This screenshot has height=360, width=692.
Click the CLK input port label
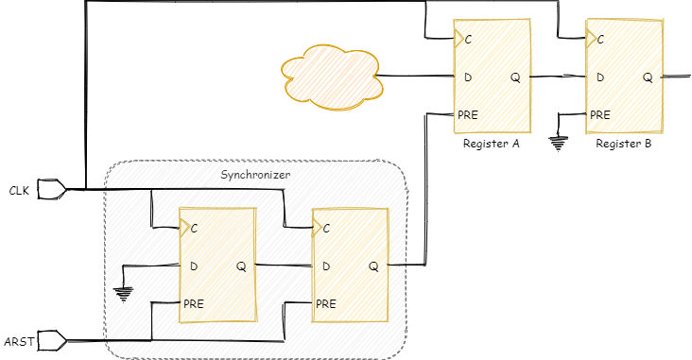point(19,191)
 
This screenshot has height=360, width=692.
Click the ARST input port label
point(20,341)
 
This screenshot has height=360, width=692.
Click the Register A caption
point(492,145)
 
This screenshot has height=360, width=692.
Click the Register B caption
point(624,145)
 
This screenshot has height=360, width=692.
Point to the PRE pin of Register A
point(467,115)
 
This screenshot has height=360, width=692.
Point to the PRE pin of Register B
point(599,115)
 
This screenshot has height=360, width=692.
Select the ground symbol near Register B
point(559,144)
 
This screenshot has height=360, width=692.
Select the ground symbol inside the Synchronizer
point(124,293)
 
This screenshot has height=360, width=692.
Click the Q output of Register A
point(515,77)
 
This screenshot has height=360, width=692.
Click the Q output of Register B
point(648,77)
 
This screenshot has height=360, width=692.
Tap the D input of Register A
point(467,77)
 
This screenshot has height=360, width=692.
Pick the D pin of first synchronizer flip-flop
point(194,266)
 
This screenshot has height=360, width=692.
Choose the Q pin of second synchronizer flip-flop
point(373,266)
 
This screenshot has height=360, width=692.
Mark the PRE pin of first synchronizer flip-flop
point(194,304)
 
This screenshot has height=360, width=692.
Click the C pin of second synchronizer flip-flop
point(326,229)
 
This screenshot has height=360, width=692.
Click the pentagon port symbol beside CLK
point(52,190)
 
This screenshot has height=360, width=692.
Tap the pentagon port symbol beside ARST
point(52,340)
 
